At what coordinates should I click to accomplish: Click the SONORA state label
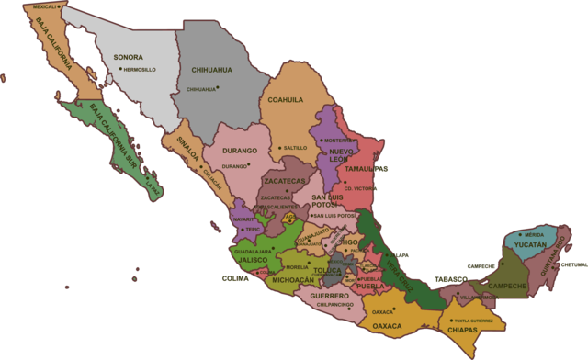point(128,57)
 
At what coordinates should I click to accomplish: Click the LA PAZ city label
point(153,190)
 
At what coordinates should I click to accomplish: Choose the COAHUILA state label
point(285,100)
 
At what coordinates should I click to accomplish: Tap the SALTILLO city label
point(295,148)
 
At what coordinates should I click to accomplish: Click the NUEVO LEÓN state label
point(342,153)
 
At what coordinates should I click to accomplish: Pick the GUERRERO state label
point(329,296)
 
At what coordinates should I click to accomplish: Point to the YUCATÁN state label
point(530,246)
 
